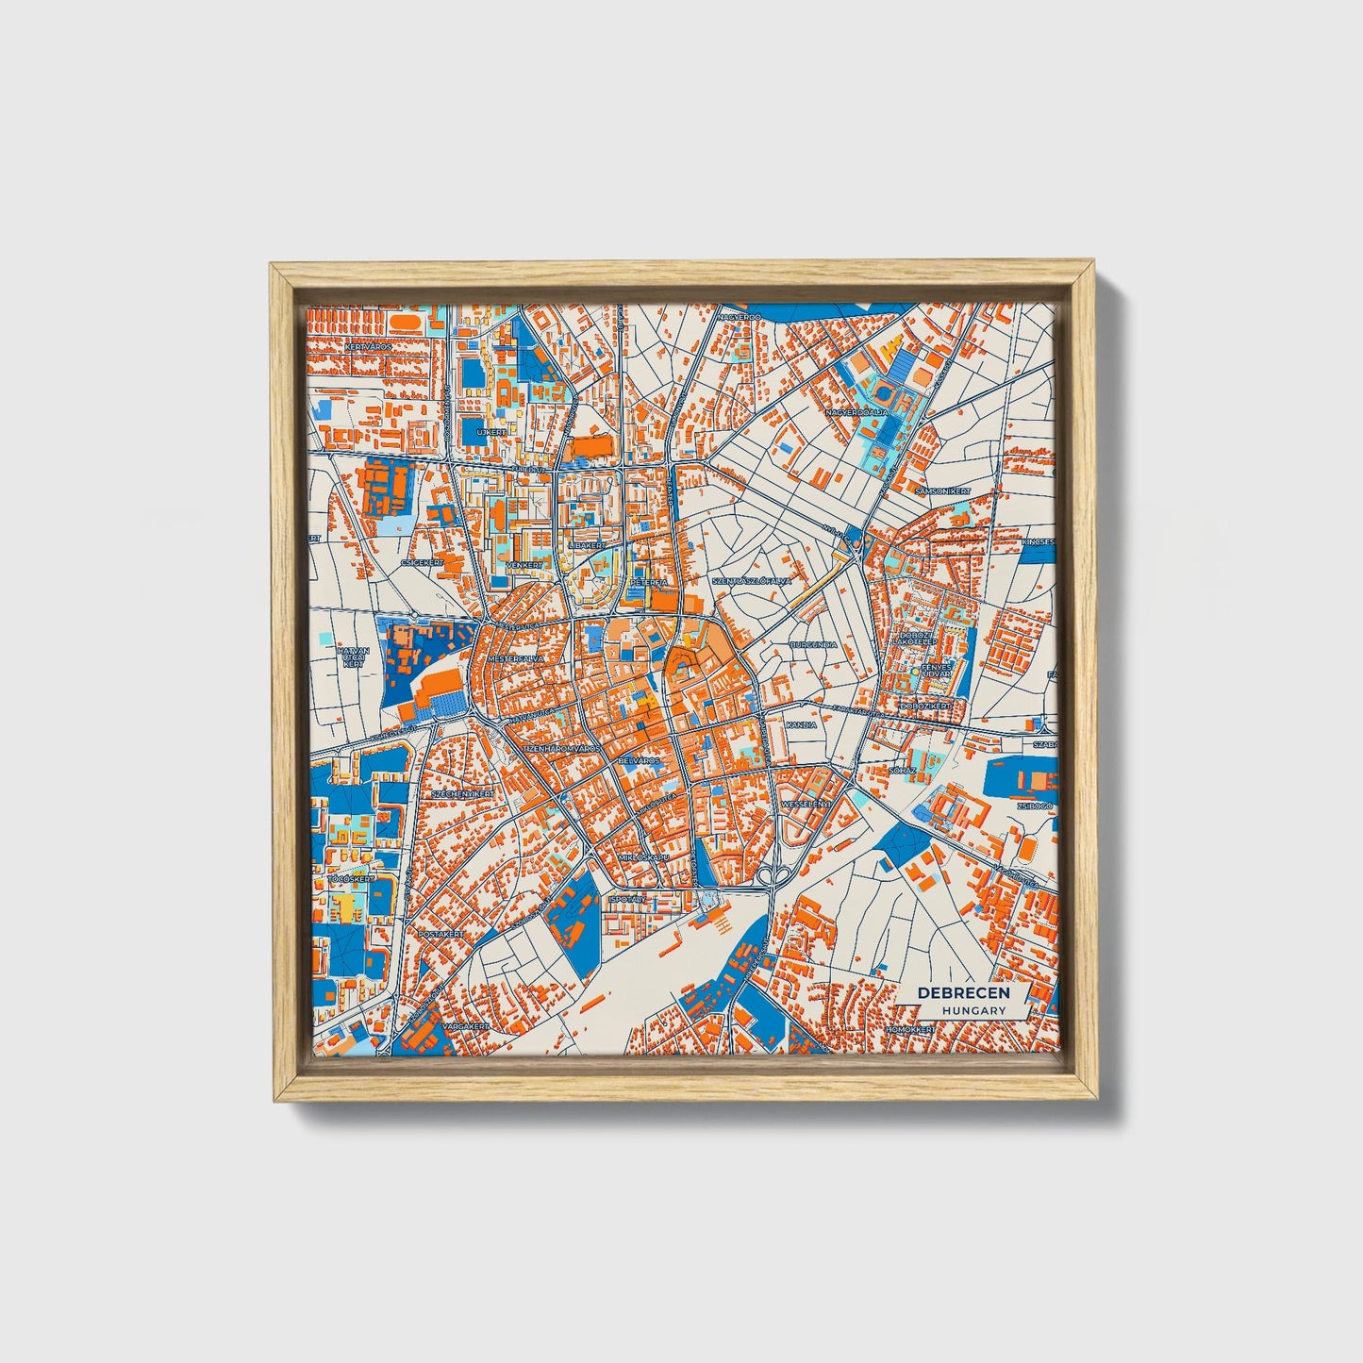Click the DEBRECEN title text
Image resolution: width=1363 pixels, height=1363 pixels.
[963, 992]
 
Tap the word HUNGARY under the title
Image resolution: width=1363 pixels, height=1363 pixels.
[973, 1010]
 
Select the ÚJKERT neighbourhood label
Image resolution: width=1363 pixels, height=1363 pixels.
[491, 431]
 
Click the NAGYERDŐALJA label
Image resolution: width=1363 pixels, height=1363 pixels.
[856, 412]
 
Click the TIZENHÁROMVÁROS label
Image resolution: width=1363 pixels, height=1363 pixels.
[561, 748]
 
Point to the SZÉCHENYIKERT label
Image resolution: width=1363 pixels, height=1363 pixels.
[462, 794]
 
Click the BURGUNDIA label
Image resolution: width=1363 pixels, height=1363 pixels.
[812, 645]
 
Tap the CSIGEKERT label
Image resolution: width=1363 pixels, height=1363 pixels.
[422, 562]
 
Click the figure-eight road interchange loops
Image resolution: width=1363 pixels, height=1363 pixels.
[773, 877]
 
